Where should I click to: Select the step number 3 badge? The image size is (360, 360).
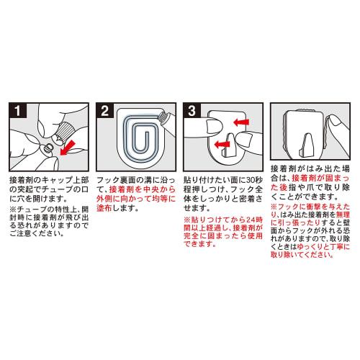tap(192, 111)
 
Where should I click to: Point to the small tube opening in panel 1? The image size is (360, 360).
tap(50, 147)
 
